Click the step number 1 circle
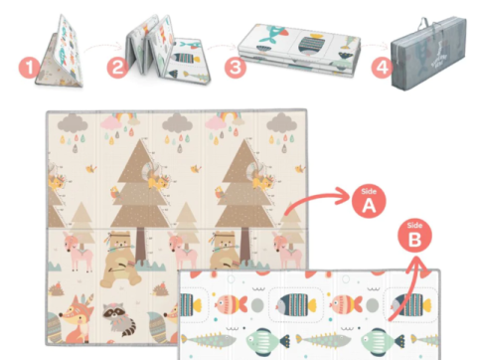coord(30,68)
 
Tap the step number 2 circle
coord(117,68)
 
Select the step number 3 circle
coord(236,68)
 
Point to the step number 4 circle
coord(382,68)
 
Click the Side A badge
coord(369,201)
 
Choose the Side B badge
coord(414,236)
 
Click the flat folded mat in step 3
coord(299,50)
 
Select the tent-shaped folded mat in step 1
coord(60,52)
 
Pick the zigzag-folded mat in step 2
coord(167,50)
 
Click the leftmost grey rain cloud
coord(73,123)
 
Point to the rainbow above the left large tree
coord(122,116)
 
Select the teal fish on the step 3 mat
coord(275,34)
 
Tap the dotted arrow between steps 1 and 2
coord(103,47)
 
